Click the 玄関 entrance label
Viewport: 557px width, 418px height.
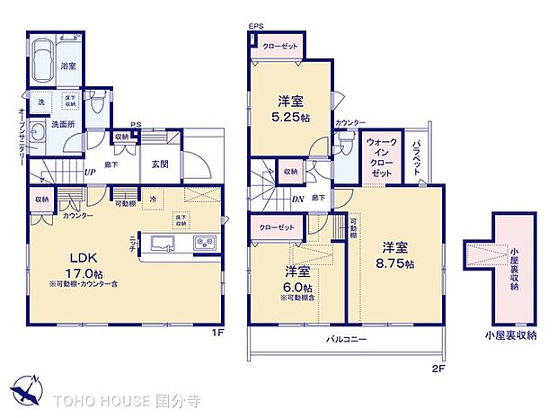pos(161,163)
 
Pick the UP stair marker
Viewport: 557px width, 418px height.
pos(91,172)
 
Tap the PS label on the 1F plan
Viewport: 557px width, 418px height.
pos(136,126)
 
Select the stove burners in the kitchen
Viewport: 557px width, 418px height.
pos(203,243)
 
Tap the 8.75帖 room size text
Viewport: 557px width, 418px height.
pos(397,263)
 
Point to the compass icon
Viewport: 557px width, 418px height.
pos(28,390)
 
